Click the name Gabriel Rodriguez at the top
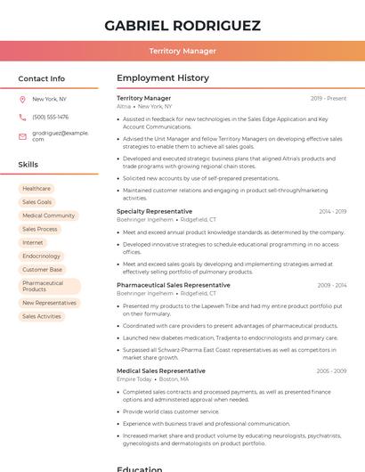point(182,25)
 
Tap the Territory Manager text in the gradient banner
point(182,51)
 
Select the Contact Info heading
point(41,78)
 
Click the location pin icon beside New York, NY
point(22,99)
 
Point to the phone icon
point(22,117)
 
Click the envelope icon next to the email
point(22,136)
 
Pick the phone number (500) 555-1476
point(50,117)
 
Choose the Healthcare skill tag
point(36,189)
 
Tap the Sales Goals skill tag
point(37,202)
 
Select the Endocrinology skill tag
point(42,256)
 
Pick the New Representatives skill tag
point(49,303)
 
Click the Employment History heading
point(163,78)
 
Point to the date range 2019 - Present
point(328,98)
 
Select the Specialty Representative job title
point(155,211)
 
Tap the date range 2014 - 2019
point(332,211)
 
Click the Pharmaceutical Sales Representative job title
point(173,285)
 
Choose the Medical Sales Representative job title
point(160,370)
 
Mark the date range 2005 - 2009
point(331,370)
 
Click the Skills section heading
point(28,165)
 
